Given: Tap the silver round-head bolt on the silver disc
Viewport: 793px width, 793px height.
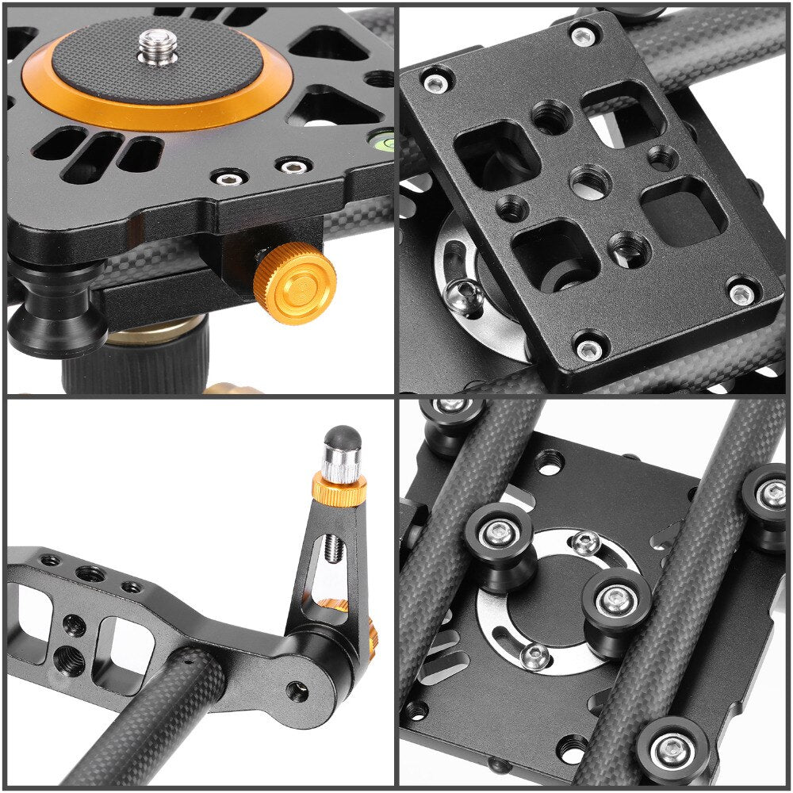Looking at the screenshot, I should tap(465, 297).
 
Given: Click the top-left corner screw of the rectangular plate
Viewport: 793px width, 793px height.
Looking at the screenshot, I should tap(435, 83).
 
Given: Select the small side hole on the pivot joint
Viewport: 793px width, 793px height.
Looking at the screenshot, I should tap(297, 691).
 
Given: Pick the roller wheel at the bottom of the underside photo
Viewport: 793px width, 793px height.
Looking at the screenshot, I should tap(673, 748).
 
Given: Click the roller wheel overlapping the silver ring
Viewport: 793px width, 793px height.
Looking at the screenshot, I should tap(617, 602).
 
